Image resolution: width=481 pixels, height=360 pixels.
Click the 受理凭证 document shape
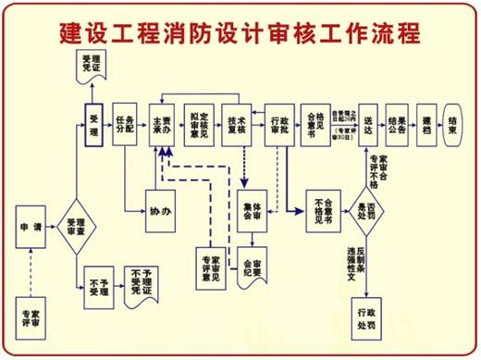coord(92,66)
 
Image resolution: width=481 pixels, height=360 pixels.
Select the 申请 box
coord(31,226)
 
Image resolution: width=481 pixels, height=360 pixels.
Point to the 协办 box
coord(162,213)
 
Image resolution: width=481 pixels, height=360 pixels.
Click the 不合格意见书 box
coord(324,215)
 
